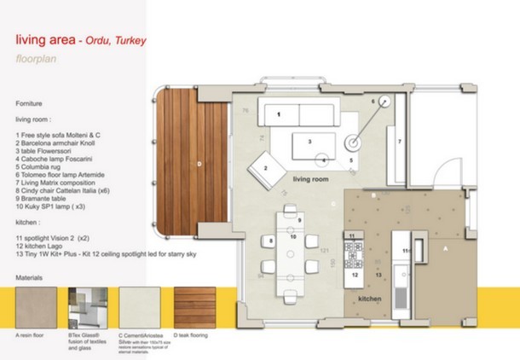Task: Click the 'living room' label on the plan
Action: pos(310,181)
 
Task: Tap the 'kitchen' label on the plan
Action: pos(369,299)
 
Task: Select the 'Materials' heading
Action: pos(31,279)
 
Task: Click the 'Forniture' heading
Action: pos(30,102)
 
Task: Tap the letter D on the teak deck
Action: pos(199,162)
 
